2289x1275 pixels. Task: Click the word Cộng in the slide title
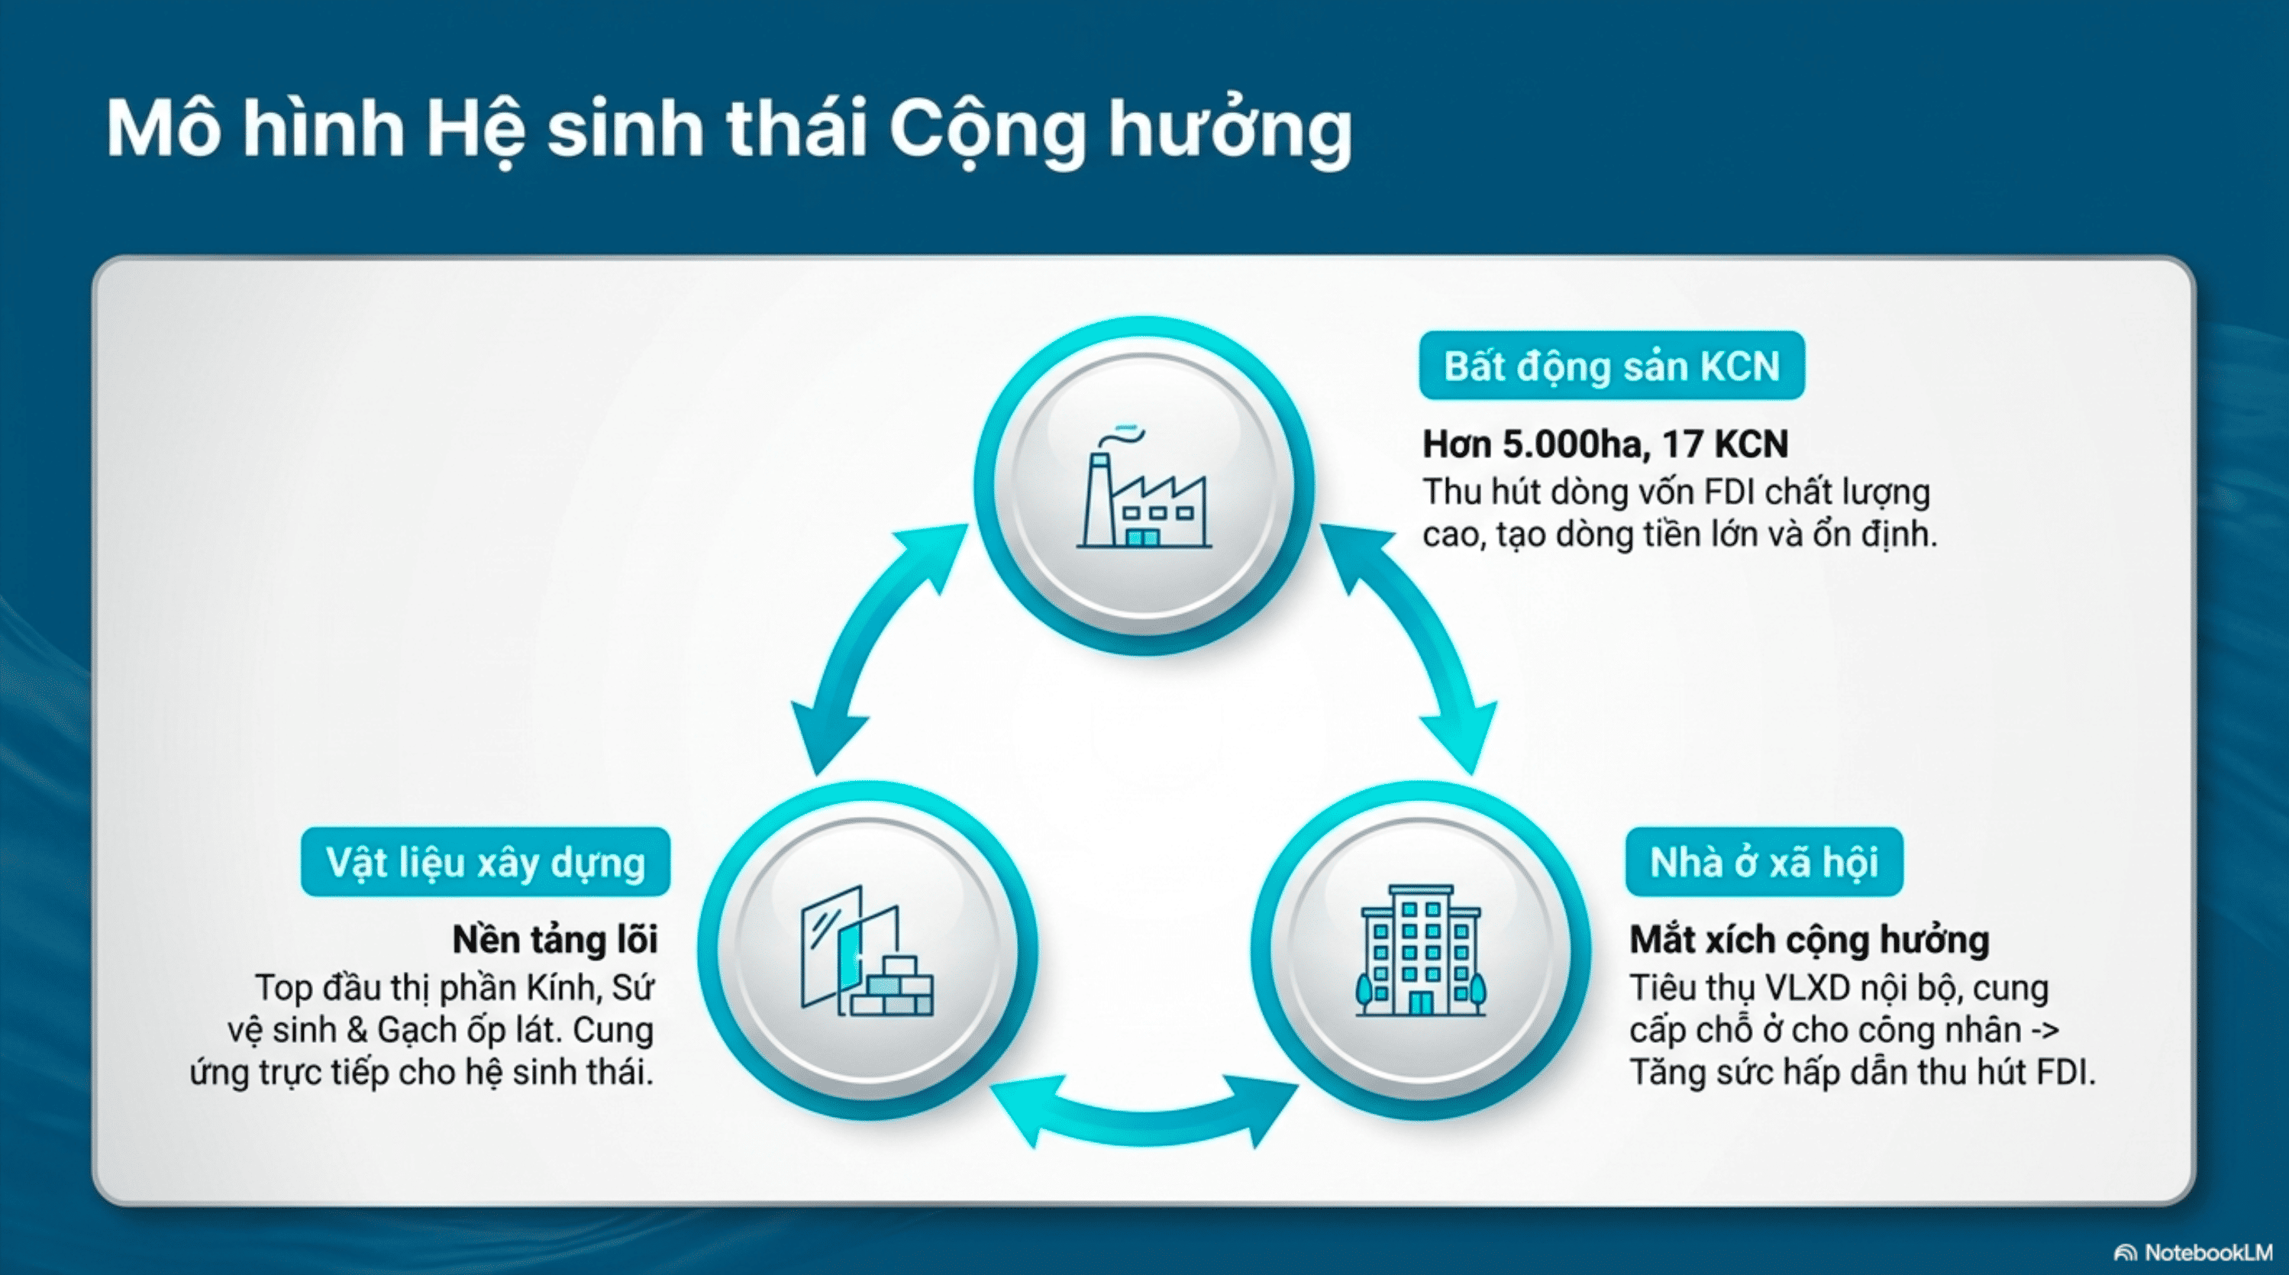pyautogui.click(x=986, y=131)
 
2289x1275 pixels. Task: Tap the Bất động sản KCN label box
pyautogui.click(x=1611, y=366)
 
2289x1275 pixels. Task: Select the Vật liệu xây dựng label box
pyautogui.click(x=485, y=863)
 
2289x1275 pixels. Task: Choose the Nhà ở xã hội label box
pyautogui.click(x=1764, y=863)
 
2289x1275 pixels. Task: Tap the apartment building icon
pyautogui.click(x=1420, y=951)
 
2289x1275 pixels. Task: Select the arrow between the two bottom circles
pyautogui.click(x=1144, y=1112)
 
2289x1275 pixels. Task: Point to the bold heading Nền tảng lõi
pyautogui.click(x=555, y=940)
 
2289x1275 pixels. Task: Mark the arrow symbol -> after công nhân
pyautogui.click(x=2045, y=1031)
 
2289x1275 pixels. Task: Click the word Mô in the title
pyautogui.click(x=163, y=131)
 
